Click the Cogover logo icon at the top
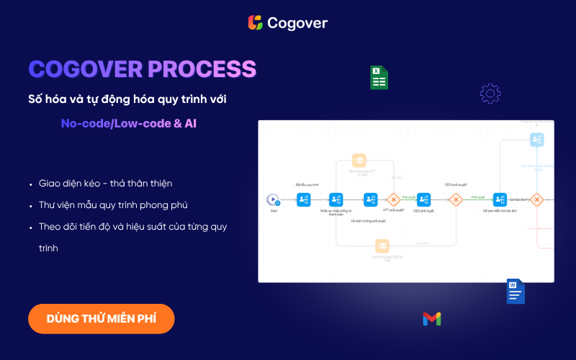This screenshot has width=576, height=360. tap(255, 23)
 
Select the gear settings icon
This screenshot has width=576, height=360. tap(490, 93)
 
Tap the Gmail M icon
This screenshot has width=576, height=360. tap(432, 318)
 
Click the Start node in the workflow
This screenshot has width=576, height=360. tap(274, 199)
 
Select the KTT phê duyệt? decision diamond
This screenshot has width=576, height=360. tap(393, 199)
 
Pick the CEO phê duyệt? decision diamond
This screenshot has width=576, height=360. tap(455, 199)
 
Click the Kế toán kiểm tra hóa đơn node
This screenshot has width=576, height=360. tap(500, 199)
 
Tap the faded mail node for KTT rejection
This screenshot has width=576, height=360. tap(359, 161)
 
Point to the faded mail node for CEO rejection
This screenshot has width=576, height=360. tap(382, 246)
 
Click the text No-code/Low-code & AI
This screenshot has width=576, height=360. tap(129, 123)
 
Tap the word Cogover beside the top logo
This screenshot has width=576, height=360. tap(297, 23)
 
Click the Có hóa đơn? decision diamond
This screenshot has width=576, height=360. tap(536, 199)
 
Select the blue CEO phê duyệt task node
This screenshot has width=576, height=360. tap(424, 199)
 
